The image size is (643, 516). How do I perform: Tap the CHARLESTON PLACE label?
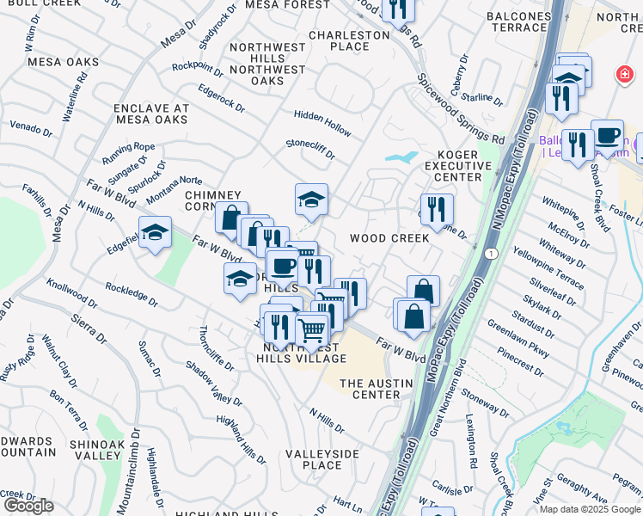tap(349, 40)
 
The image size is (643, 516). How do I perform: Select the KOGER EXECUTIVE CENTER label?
tap(453, 164)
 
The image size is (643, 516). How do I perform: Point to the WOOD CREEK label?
tap(389, 238)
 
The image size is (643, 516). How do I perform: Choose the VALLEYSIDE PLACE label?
tap(314, 459)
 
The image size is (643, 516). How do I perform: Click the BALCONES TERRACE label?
tap(517, 21)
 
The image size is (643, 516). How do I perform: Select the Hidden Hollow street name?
tap(322, 123)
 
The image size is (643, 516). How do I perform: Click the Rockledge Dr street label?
tap(132, 295)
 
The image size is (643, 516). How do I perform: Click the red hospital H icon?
tap(622, 76)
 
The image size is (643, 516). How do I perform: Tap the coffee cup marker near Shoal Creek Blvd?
tap(607, 136)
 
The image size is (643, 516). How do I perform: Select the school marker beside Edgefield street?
tap(155, 232)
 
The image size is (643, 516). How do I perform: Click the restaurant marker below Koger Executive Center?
tap(437, 209)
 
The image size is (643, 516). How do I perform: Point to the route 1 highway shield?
tap(489, 254)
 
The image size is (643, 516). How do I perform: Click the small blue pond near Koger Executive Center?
tap(401, 157)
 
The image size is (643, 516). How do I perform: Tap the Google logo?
tap(28, 506)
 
